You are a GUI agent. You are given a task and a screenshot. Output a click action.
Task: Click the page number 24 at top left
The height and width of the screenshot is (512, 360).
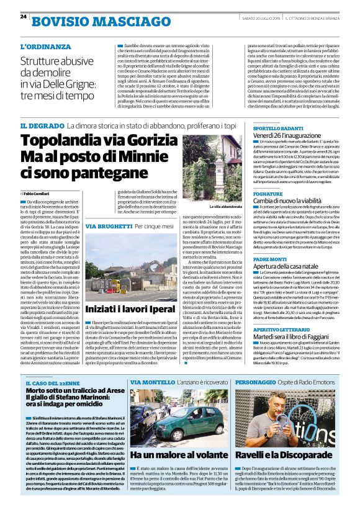[24, 16]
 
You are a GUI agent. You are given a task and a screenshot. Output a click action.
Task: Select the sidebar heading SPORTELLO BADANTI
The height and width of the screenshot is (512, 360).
[280, 127]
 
